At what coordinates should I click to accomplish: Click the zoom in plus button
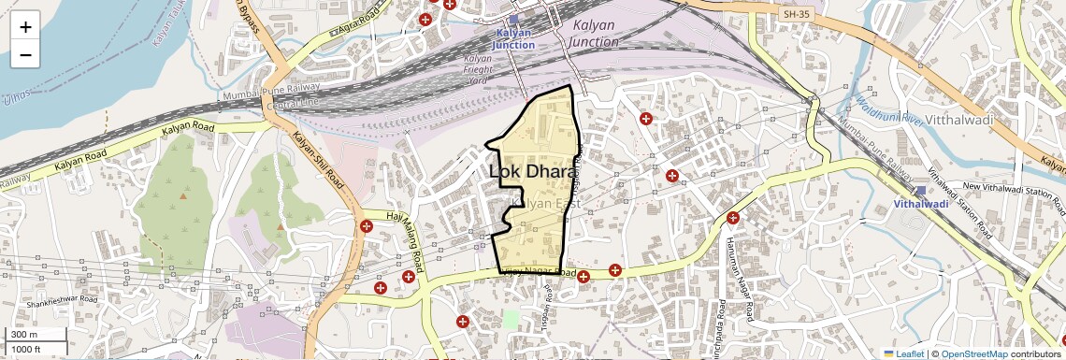coord(25,27)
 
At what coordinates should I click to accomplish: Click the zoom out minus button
coord(25,55)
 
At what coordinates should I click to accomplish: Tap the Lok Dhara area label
coord(532,172)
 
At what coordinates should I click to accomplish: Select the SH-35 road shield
coord(796,14)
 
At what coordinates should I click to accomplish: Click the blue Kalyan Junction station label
coord(514,38)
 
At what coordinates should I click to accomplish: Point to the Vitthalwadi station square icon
coord(920,190)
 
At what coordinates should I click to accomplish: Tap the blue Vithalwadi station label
coord(920,203)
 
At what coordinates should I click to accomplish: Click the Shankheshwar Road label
coord(62,301)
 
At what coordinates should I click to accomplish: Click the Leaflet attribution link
coord(903,353)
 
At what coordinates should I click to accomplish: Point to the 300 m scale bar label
coord(23,335)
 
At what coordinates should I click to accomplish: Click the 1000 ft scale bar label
coord(26,349)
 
